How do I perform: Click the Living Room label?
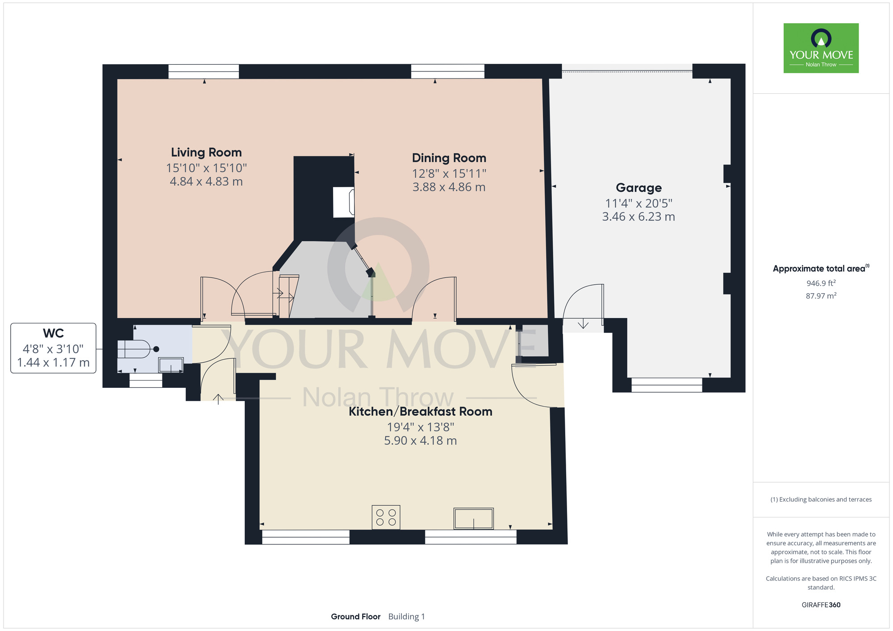[206, 153]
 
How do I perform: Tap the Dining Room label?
[449, 158]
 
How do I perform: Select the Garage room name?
[638, 188]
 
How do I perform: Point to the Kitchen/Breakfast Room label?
[420, 411]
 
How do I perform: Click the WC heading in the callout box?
[53, 333]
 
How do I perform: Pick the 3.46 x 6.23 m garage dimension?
[638, 217]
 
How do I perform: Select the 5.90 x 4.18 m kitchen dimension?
[420, 441]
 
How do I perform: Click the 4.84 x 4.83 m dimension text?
[206, 182]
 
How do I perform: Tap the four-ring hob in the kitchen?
[386, 517]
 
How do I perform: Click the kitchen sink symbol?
[474, 519]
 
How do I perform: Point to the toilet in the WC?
[136, 349]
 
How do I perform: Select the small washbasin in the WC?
[171, 365]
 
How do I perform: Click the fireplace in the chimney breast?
[344, 202]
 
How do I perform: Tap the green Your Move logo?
[821, 48]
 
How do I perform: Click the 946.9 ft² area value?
[821, 283]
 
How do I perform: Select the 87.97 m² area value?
[821, 296]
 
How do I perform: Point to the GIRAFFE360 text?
[821, 605]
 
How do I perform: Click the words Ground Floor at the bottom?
[355, 617]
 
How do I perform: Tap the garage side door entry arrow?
[583, 324]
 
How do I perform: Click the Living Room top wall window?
[204, 71]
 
